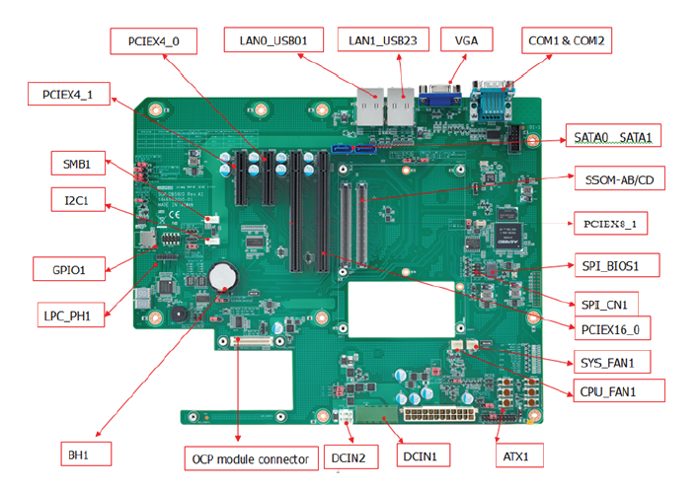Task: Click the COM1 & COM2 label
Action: tap(567, 41)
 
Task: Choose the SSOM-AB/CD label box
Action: tap(617, 180)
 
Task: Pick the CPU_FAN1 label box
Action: tap(618, 391)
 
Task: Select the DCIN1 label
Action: tap(426, 455)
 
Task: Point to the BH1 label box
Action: tap(83, 454)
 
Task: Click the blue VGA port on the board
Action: tap(436, 96)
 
